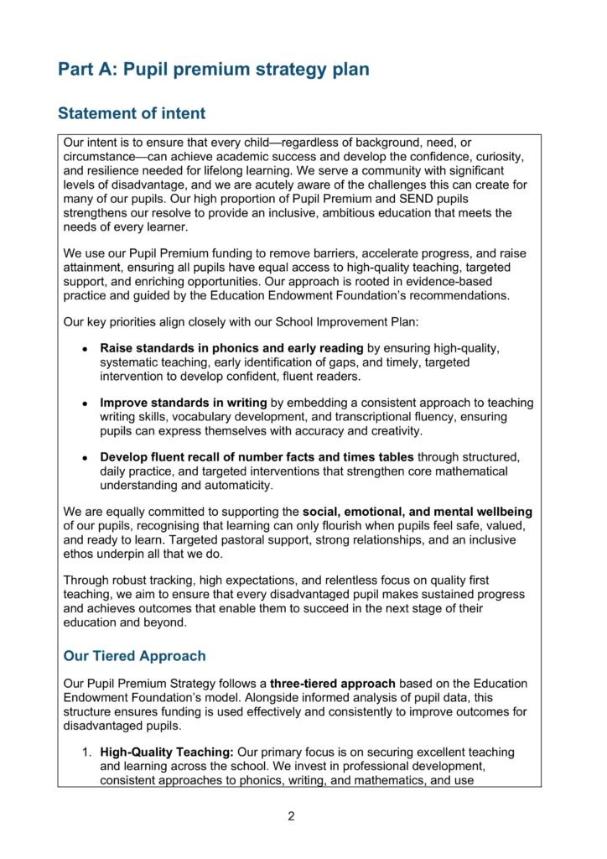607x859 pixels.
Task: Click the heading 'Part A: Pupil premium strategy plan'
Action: point(213,70)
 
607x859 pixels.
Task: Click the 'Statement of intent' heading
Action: point(131,113)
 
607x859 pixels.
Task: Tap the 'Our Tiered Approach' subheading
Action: point(134,655)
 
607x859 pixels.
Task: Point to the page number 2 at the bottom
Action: point(291,816)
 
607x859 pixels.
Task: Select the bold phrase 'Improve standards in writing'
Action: point(184,403)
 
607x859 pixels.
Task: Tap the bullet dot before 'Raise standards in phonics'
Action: point(86,348)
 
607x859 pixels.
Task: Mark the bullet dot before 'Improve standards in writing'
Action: point(86,403)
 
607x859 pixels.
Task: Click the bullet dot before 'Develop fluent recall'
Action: point(86,458)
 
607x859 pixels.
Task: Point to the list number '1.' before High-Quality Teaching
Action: point(86,752)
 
